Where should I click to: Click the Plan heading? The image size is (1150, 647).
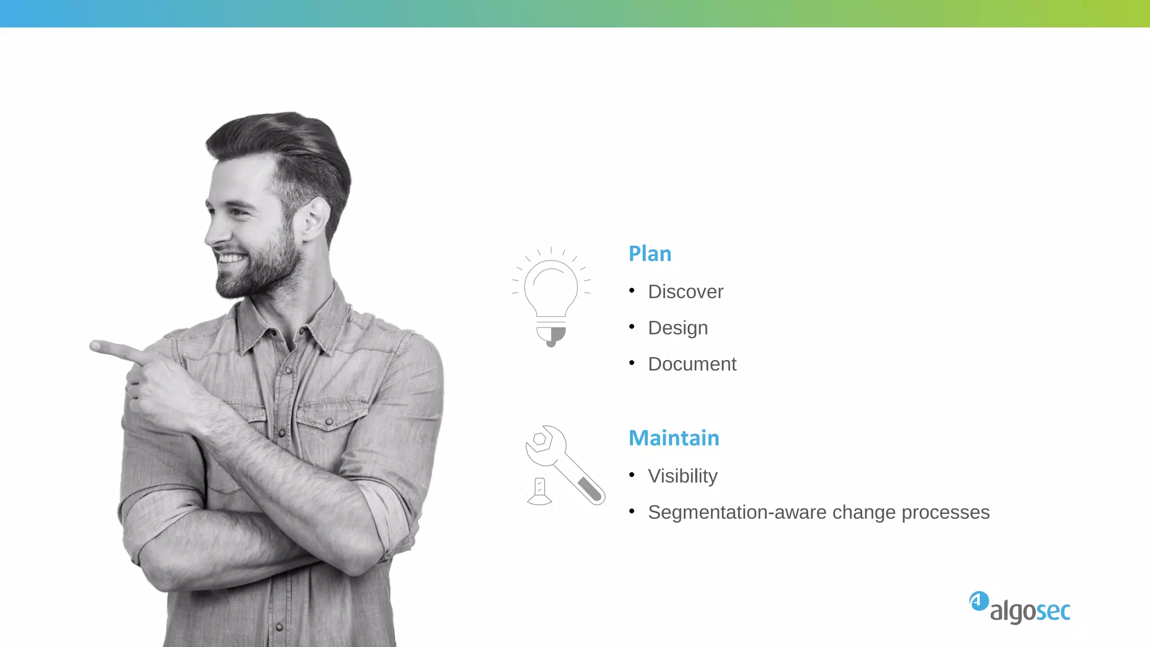tap(650, 254)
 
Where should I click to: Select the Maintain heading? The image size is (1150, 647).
tap(674, 438)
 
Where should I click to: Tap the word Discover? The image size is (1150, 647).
tap(686, 292)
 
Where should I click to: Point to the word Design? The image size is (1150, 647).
tap(678, 328)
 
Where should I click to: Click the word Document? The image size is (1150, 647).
tap(692, 364)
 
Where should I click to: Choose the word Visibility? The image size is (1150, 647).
tap(682, 476)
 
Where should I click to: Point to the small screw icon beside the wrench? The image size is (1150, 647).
tap(540, 491)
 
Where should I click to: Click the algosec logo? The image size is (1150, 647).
tap(1020, 608)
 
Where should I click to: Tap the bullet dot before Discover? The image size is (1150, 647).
tap(632, 290)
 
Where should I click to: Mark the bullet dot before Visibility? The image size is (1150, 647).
tap(632, 475)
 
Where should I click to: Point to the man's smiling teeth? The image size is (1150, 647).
tap(231, 259)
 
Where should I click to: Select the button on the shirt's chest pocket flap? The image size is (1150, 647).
tap(329, 422)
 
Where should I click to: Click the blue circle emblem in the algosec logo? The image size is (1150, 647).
tap(979, 601)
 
